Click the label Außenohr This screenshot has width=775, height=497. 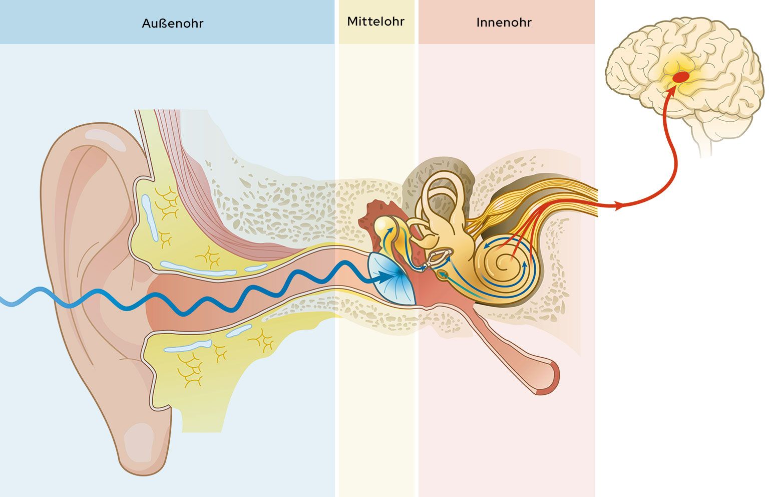172,24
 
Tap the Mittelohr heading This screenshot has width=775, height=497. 375,22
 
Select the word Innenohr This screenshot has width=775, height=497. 504,23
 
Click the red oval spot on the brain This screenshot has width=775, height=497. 680,77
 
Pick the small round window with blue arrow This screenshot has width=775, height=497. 443,274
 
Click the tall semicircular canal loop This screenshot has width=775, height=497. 443,193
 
